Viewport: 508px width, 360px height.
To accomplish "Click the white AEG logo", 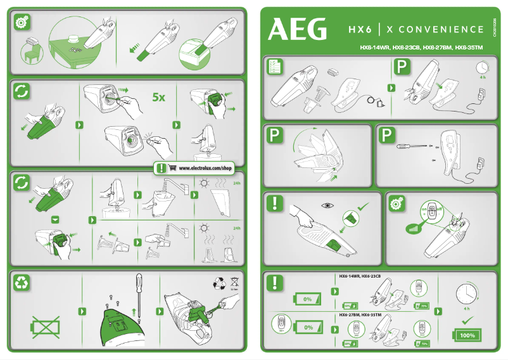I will (298, 29).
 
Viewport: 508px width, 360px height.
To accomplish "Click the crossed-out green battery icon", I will (45, 328).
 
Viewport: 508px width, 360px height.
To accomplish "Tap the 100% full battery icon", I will (467, 334).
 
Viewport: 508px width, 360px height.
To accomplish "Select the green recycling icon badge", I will (22, 283).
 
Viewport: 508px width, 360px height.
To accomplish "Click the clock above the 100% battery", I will (467, 292).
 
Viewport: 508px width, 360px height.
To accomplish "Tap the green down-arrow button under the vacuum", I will (55, 219).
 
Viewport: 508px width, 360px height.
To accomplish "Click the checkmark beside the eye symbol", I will (362, 207).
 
